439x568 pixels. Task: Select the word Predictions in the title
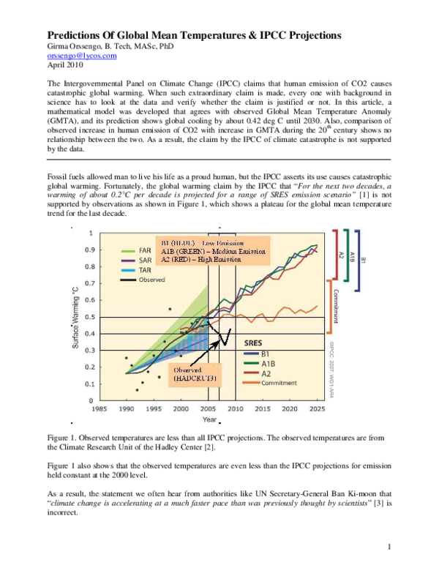click(79, 34)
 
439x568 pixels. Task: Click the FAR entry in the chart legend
click(145, 250)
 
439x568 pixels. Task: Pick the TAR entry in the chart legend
click(145, 270)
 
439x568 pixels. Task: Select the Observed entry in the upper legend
click(152, 280)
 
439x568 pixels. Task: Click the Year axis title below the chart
click(209, 419)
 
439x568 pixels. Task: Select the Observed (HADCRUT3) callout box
click(195, 374)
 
